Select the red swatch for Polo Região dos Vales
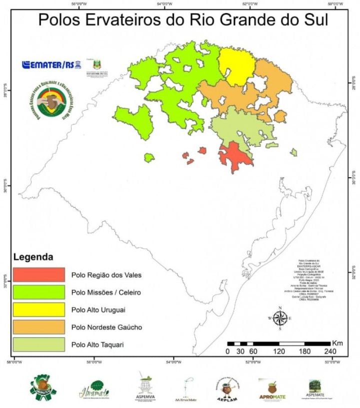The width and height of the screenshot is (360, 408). tap(39, 275)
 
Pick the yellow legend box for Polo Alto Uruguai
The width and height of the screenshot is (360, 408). tap(39, 310)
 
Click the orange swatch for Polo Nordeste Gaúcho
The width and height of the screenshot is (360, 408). tap(39, 327)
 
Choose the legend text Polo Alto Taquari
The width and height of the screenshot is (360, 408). tap(98, 345)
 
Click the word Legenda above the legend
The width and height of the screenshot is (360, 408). tap(33, 258)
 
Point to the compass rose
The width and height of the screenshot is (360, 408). tap(280, 318)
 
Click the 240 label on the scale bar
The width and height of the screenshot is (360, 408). tap(329, 352)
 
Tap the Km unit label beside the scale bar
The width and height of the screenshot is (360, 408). tap(337, 343)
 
